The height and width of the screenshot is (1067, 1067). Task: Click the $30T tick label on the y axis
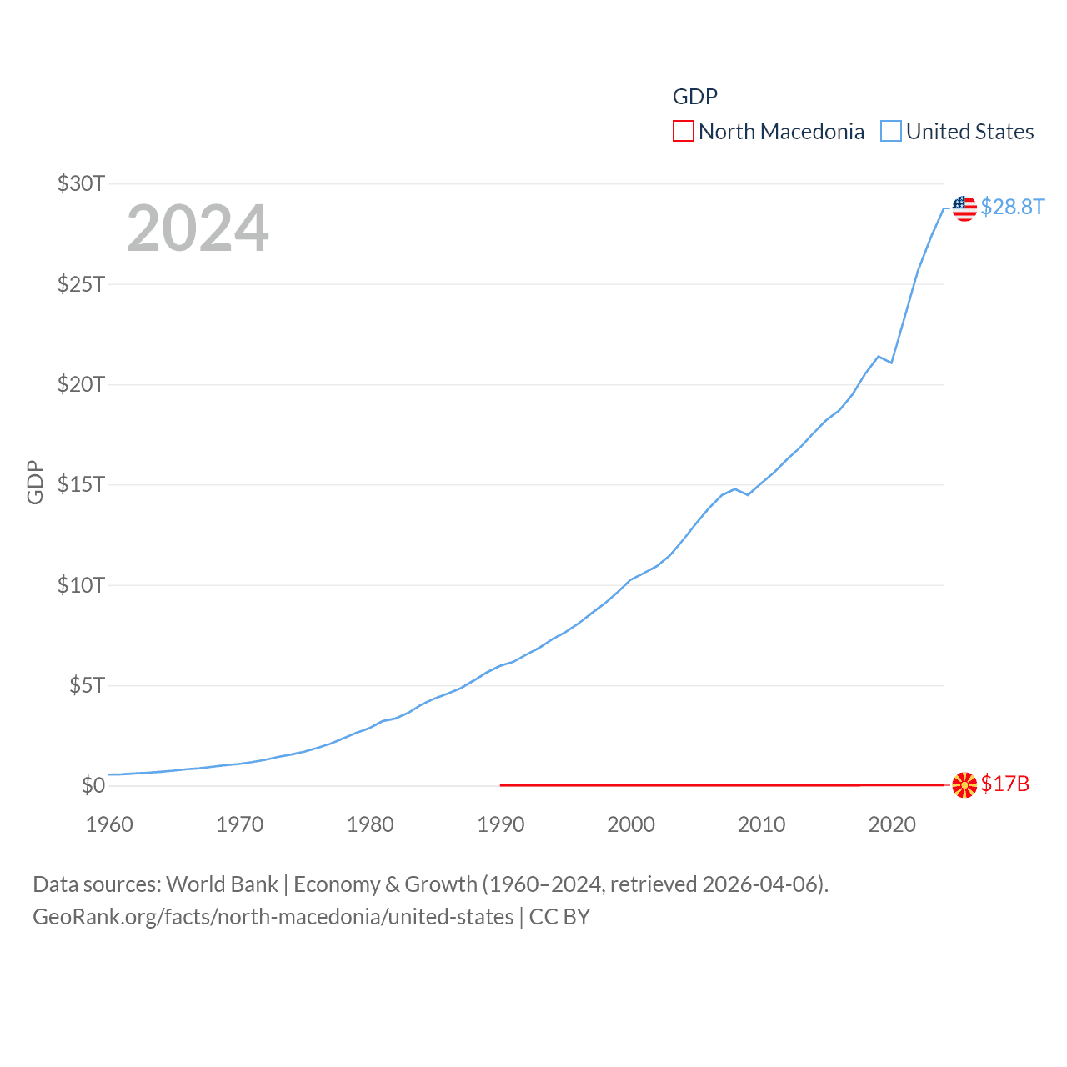[81, 183]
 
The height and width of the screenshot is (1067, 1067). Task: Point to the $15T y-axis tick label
[81, 484]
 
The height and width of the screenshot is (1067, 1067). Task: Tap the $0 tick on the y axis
[93, 785]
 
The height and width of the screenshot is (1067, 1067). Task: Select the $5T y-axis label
[87, 685]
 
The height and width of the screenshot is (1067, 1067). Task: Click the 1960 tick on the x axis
[109, 824]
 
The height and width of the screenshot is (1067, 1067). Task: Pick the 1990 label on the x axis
[500, 824]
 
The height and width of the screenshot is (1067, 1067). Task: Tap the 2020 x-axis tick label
[892, 824]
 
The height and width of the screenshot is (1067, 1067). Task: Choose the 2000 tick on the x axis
[631, 824]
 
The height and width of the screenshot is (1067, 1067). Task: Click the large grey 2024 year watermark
[198, 228]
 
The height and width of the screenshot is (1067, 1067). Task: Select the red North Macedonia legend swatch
[683, 132]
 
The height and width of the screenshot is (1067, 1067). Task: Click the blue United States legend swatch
[891, 132]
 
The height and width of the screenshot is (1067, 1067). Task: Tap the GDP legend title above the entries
[695, 97]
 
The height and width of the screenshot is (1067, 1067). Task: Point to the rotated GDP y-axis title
[35, 482]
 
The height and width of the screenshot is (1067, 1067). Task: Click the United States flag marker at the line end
[964, 208]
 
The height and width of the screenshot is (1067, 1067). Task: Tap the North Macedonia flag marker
[964, 784]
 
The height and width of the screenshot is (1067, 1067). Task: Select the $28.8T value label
[1012, 207]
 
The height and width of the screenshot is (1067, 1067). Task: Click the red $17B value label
[1005, 784]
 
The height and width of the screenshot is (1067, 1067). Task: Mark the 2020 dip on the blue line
[892, 363]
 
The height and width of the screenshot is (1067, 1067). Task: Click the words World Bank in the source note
[222, 884]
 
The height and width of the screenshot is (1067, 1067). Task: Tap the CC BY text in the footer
[559, 917]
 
